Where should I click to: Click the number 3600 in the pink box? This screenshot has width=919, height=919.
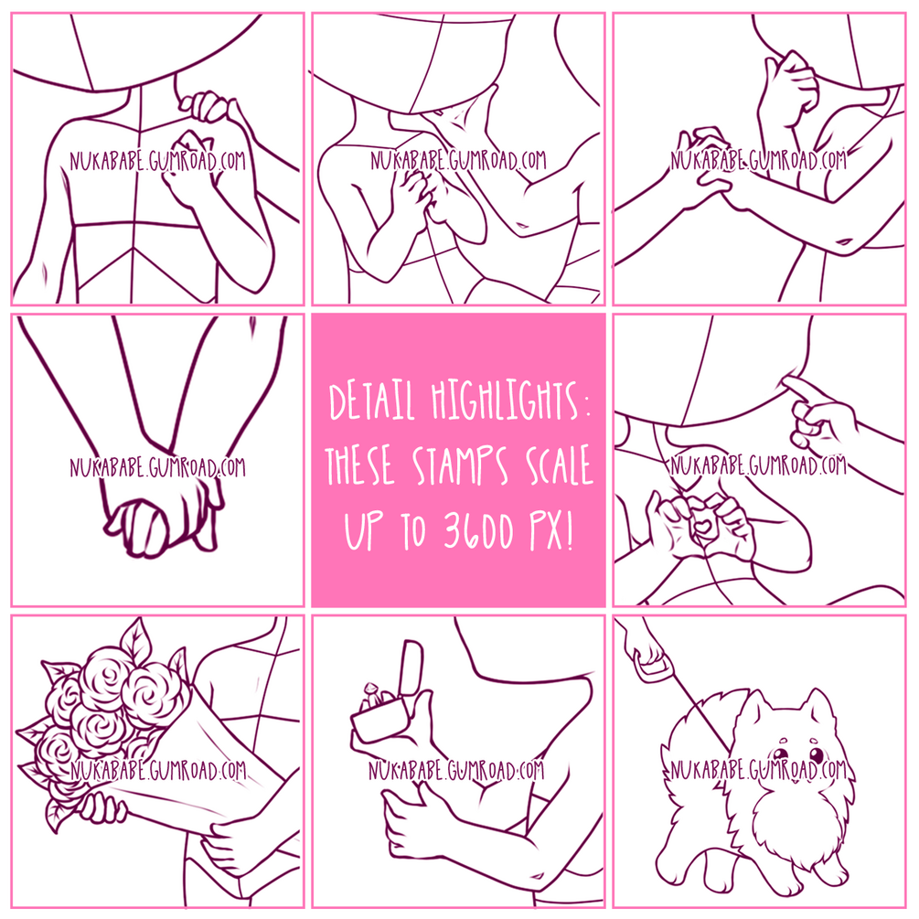[x=477, y=529]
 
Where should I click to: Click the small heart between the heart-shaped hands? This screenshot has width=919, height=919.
[x=701, y=525]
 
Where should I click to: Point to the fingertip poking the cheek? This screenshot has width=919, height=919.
[x=788, y=382]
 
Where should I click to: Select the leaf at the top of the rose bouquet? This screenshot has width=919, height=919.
[x=135, y=641]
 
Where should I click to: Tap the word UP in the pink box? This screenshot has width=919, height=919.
[x=363, y=529]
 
